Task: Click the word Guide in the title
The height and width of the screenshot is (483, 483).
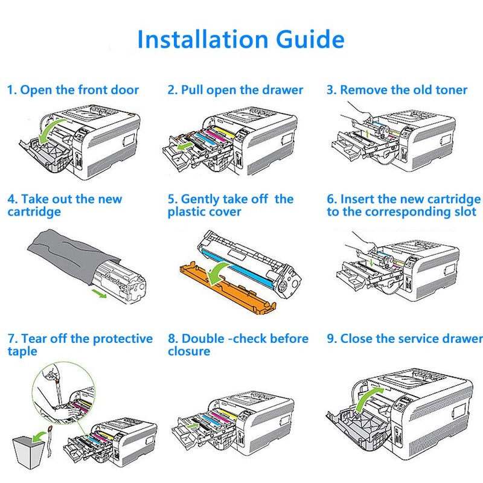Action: [x=310, y=39]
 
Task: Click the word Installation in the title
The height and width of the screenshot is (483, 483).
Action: [x=203, y=39]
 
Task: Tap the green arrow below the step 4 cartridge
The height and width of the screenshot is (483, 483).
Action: [x=99, y=293]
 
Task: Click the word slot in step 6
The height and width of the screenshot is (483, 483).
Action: [x=465, y=212]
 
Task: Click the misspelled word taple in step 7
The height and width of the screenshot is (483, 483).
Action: [x=22, y=351]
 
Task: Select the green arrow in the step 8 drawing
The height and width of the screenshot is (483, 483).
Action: [x=193, y=426]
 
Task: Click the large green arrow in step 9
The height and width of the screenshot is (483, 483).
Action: [x=368, y=399]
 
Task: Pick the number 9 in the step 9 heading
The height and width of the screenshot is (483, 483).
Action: [x=330, y=339]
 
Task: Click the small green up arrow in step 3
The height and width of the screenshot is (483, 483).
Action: [x=367, y=133]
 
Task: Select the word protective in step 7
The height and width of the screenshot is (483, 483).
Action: [x=123, y=339]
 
